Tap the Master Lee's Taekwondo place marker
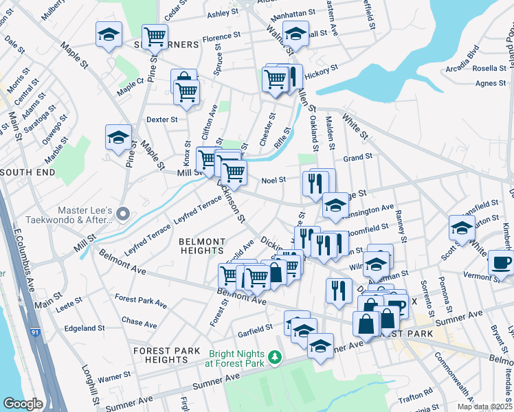pos(123,214)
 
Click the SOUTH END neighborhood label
pos(27,172)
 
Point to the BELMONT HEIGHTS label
pos(202,247)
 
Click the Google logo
pos(23,404)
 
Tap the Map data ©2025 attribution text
pos(484,407)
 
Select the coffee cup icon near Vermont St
pos(501,262)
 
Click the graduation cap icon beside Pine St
pos(118,137)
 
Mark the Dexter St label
pos(162,119)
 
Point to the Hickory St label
pos(322,70)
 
